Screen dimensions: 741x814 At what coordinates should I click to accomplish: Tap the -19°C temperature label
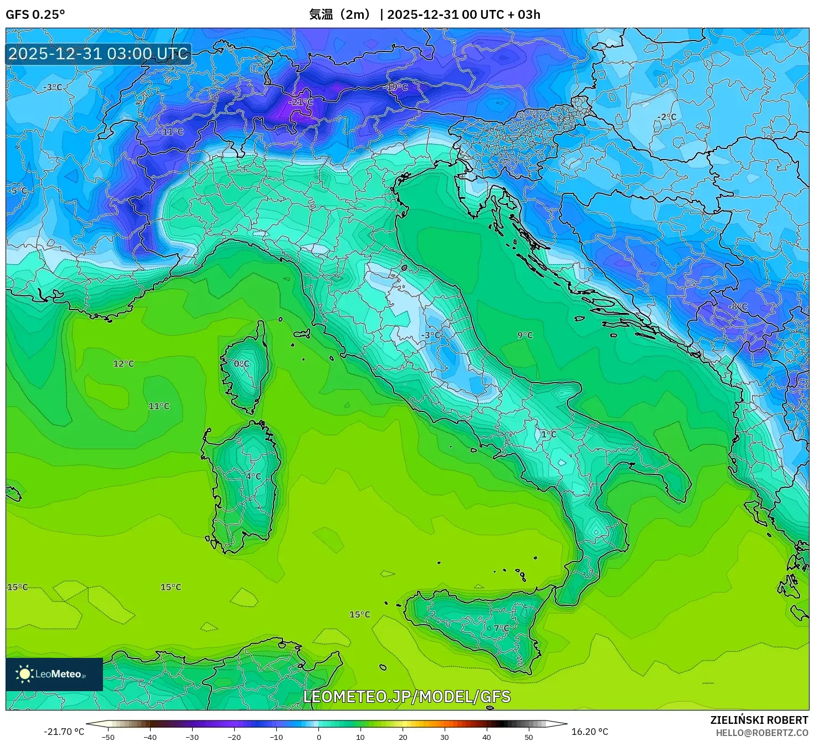tap(396, 88)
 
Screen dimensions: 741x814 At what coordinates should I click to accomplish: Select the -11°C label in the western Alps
tap(171, 132)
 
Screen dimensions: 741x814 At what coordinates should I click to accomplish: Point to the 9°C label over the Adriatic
tap(525, 335)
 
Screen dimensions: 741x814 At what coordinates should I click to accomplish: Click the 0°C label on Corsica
tap(241, 364)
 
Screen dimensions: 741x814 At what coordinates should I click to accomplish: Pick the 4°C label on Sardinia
tap(253, 476)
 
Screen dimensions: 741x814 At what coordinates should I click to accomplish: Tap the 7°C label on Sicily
tap(501, 628)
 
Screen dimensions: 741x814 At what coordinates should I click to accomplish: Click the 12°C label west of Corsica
tap(123, 364)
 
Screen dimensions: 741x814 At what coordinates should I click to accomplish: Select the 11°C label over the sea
tap(159, 406)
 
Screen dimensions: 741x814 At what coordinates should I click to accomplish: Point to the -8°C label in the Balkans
tap(738, 306)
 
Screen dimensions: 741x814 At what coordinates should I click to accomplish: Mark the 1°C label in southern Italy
tap(548, 434)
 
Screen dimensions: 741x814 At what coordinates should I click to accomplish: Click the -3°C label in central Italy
tap(431, 335)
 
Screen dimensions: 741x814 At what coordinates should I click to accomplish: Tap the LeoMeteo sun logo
tap(25, 674)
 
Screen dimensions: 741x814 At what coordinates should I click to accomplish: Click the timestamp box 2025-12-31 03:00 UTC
tap(99, 54)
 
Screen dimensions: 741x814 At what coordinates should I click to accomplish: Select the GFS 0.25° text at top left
tap(35, 14)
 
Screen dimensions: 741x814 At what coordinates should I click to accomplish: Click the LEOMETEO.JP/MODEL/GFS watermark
tap(407, 696)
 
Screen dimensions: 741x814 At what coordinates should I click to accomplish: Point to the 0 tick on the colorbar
tap(318, 737)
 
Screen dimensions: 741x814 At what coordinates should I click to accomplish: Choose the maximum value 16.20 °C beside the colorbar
tap(590, 732)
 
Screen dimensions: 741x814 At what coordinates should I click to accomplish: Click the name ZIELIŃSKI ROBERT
tap(759, 720)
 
